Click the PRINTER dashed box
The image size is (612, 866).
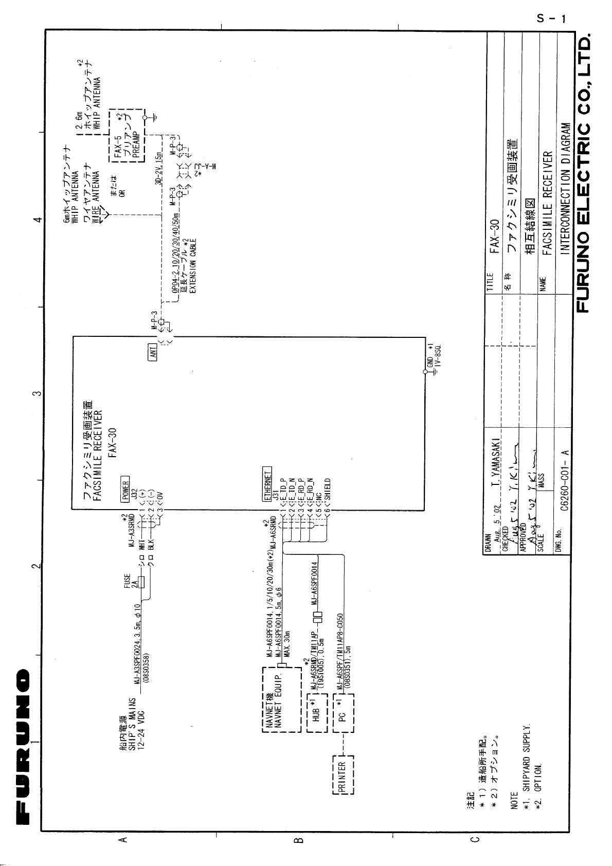[x=343, y=774]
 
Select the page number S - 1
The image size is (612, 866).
[x=551, y=20]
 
